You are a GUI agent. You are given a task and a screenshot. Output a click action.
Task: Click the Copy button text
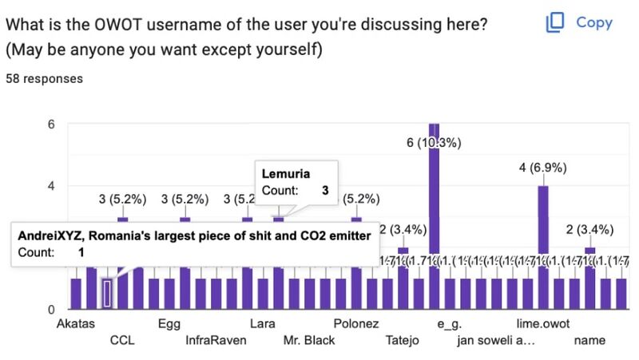point(594,22)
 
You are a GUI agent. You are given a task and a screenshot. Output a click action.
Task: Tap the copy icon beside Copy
point(555,22)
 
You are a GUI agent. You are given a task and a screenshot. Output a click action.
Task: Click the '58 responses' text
point(44,79)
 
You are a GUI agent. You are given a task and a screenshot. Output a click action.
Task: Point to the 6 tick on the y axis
point(50,125)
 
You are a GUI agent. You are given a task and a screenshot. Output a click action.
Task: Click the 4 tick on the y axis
point(50,186)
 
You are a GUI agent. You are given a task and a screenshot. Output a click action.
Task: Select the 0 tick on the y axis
point(50,309)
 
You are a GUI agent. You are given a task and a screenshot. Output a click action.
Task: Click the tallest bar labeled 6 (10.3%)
point(435,216)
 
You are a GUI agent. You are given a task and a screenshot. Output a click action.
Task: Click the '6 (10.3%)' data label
point(434,143)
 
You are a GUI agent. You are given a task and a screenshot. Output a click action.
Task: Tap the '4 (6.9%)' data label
point(543,168)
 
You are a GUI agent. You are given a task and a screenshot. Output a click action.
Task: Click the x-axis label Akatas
point(77,325)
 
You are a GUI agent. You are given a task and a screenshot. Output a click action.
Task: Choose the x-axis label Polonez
point(356,325)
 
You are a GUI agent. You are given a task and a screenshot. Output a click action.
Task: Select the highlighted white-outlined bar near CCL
point(107,293)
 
